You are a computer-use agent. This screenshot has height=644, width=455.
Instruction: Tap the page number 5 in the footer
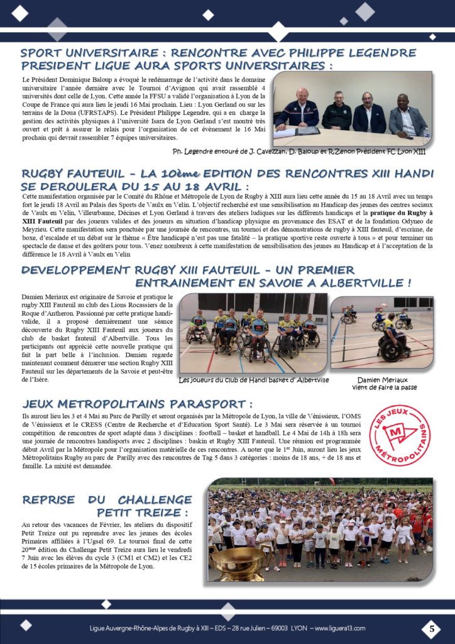tap(432, 628)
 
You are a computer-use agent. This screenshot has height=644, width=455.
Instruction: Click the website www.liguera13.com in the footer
tap(339, 628)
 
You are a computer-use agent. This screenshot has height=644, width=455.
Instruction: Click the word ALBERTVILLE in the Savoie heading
tap(358, 282)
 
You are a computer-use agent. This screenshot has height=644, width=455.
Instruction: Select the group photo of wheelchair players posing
tap(253, 333)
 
